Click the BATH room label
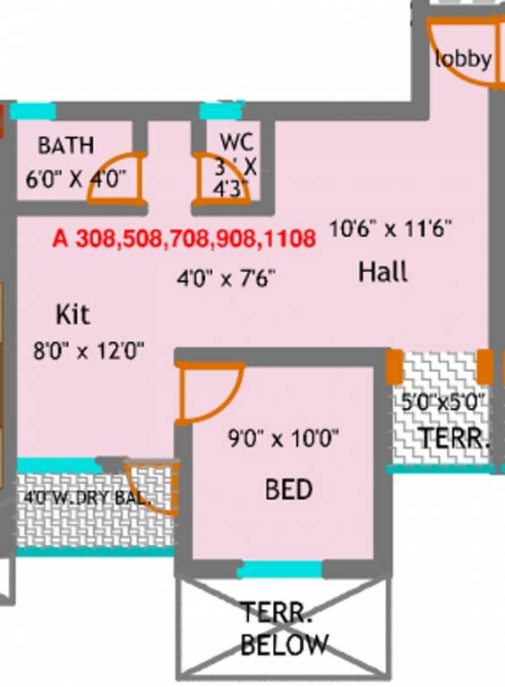click(65, 145)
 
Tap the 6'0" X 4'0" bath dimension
click(76, 177)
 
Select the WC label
click(236, 143)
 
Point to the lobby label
click(463, 60)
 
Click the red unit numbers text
click(184, 239)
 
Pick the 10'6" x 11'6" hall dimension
click(389, 229)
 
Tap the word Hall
click(383, 271)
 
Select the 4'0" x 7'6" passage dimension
click(225, 277)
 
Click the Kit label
click(73, 315)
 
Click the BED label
click(288, 489)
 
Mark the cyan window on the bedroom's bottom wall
click(281, 570)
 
